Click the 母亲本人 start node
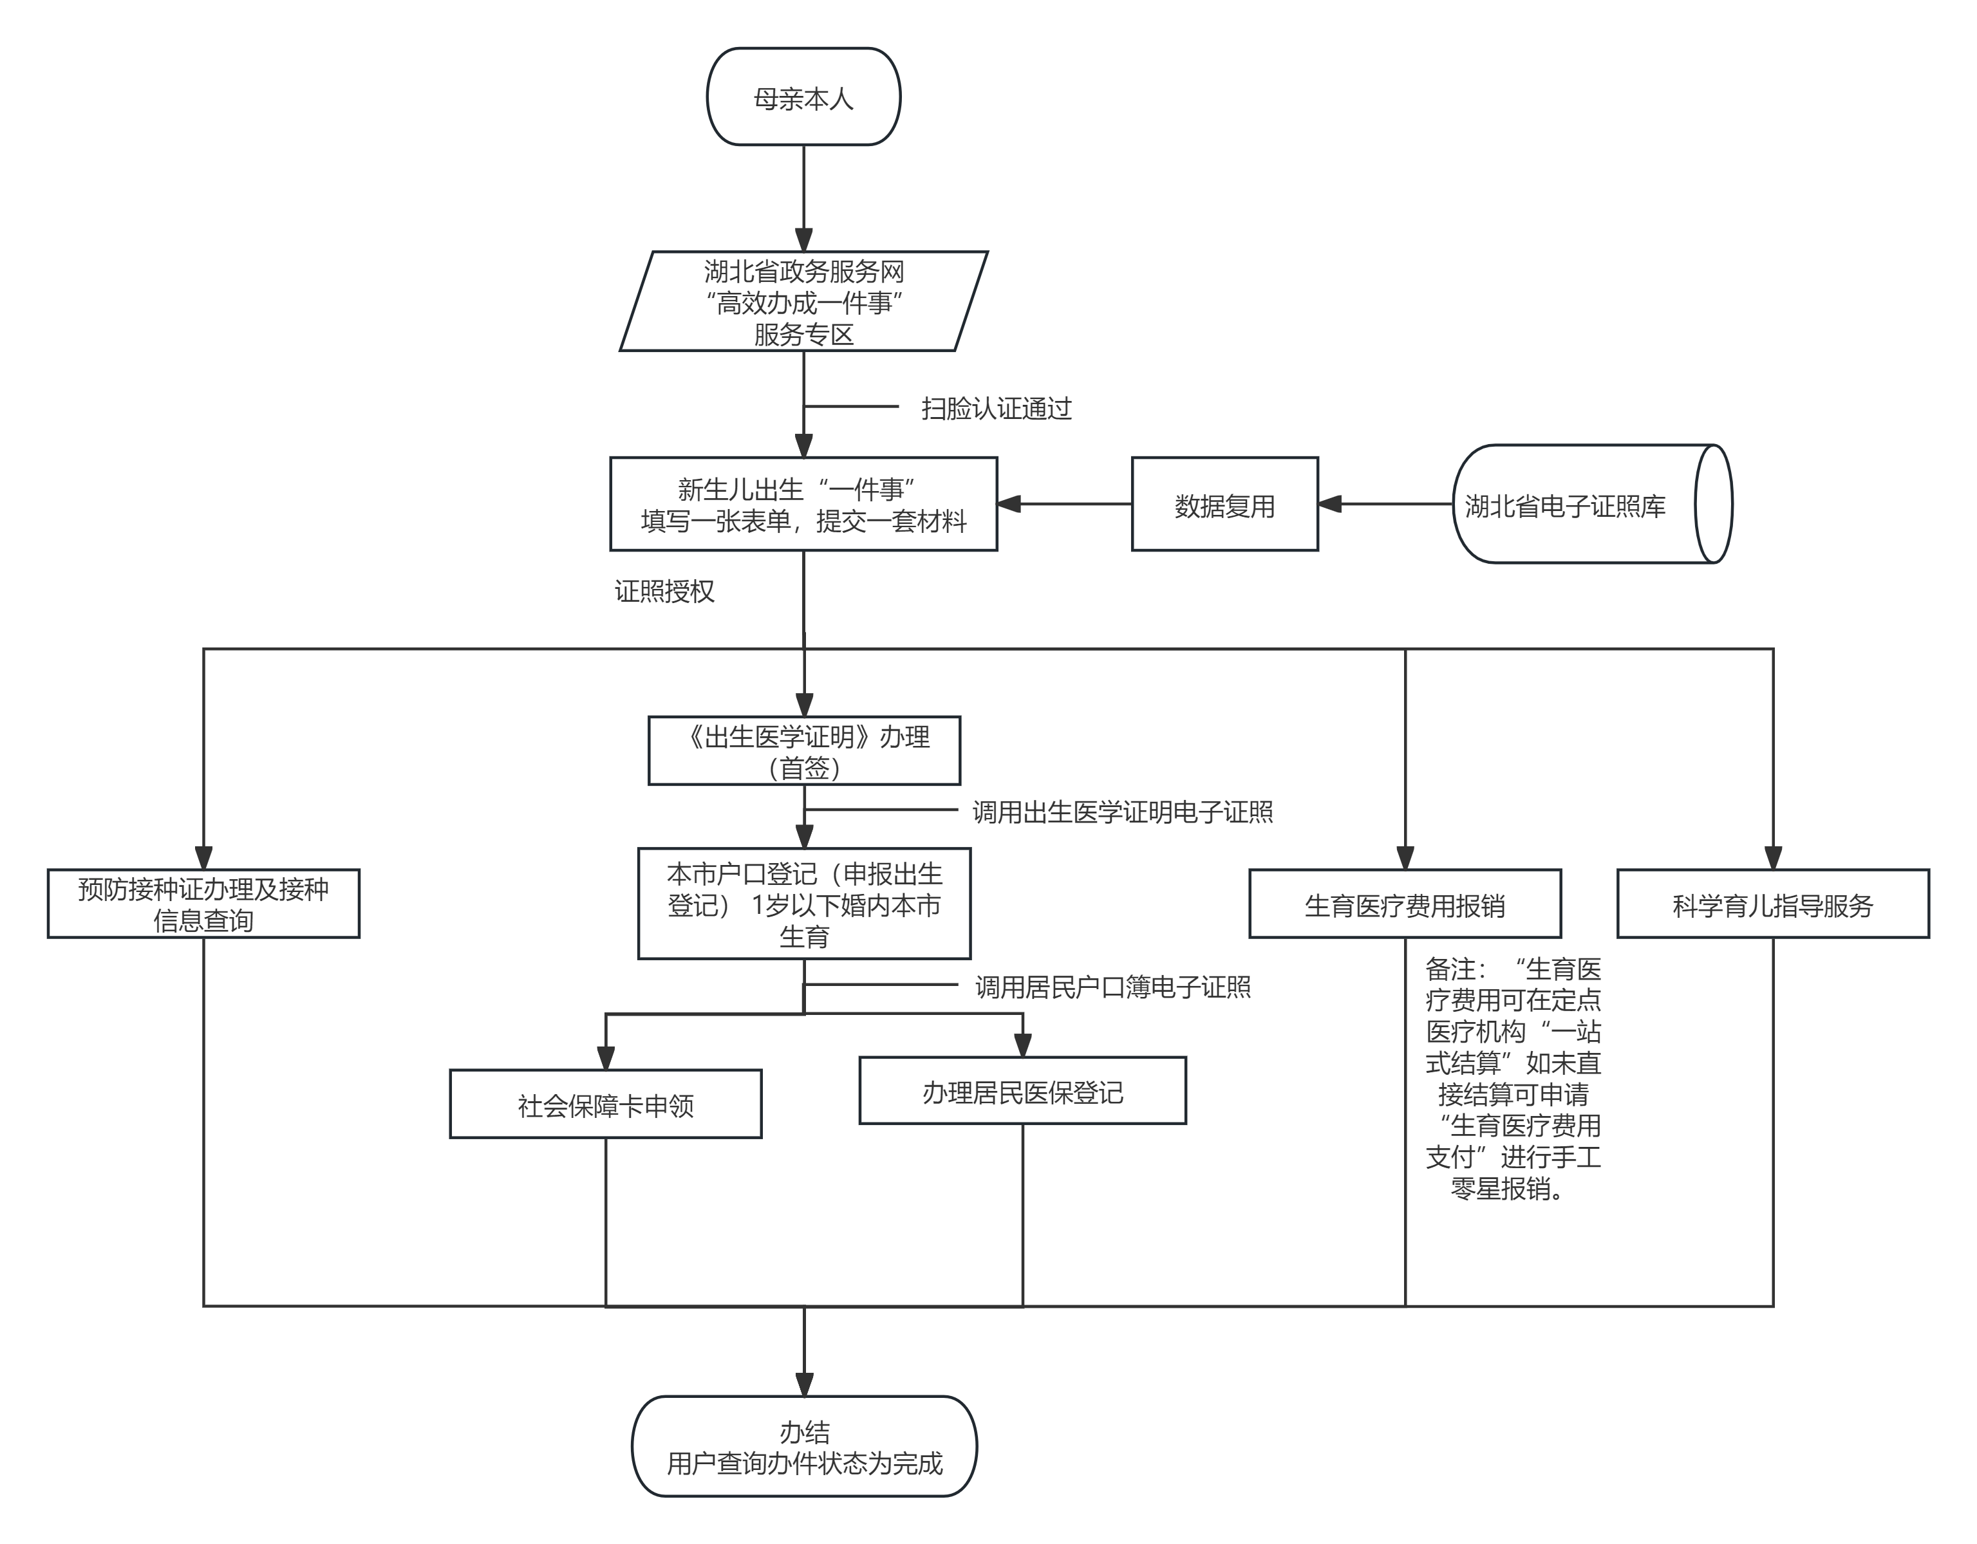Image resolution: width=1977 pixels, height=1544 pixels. [803, 97]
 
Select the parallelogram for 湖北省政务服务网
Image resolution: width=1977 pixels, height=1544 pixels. [803, 301]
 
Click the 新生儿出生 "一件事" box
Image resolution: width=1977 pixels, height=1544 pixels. [803, 504]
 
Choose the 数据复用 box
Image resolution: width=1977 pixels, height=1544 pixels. [1225, 504]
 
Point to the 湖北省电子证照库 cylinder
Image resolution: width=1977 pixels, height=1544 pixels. [1592, 504]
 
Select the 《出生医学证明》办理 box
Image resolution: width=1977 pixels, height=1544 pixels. [804, 751]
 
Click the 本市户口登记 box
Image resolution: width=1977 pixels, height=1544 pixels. [804, 903]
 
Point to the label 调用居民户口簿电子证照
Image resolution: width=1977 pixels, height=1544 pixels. [1112, 987]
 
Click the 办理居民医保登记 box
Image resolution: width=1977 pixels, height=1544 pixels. [1022, 1090]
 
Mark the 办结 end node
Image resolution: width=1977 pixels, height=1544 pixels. [804, 1446]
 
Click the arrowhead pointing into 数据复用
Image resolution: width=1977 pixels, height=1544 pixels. [1329, 504]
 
